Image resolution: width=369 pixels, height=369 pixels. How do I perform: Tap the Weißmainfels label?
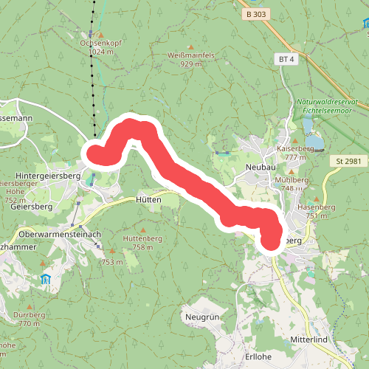(191, 55)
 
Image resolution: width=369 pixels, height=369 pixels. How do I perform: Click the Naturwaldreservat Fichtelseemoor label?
(325, 106)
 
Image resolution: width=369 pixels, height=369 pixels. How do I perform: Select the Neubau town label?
(258, 168)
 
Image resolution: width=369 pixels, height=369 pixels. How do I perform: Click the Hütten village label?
(148, 199)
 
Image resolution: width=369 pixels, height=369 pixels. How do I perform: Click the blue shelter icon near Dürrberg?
(46, 279)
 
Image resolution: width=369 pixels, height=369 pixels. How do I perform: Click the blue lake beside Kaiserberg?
(313, 140)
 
